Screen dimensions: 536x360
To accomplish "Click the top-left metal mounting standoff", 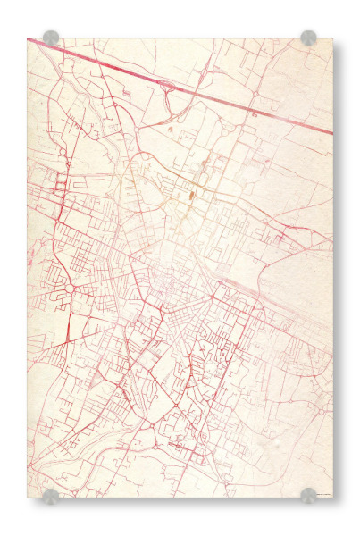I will (51, 38).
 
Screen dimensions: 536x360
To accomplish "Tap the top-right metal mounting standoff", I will (308, 38).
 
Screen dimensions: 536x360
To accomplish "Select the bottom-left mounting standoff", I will (51, 496).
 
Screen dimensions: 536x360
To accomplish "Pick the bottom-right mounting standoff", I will (308, 495).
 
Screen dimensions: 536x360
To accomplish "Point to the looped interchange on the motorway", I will (167, 87).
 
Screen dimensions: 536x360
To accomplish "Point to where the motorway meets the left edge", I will (29, 40).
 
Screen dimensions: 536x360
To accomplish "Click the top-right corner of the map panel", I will (331, 38).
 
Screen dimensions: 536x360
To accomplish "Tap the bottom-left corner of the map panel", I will (28, 498).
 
